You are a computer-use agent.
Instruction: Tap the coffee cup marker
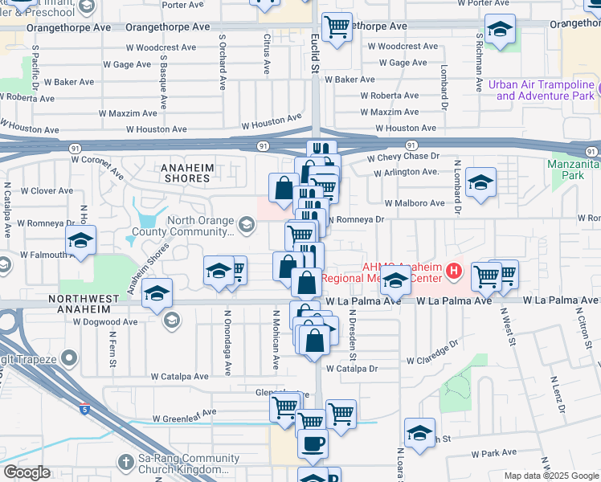pos(313,442)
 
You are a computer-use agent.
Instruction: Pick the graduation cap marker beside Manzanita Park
pos(480,183)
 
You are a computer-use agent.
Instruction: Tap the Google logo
pos(27,472)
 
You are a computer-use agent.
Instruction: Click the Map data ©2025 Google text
pos(551,476)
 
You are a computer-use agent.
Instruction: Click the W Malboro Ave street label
pos(414,203)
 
